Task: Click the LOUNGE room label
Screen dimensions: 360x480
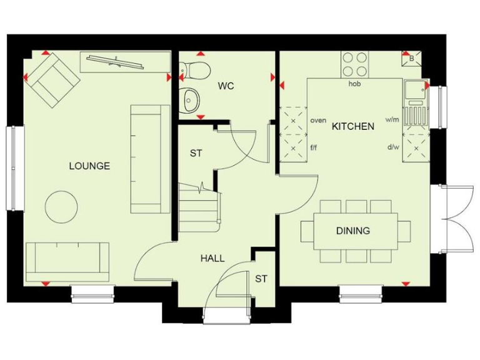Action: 89,166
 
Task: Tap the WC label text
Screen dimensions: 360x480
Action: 226,86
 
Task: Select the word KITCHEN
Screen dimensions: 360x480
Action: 353,126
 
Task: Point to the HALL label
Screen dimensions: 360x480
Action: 212,258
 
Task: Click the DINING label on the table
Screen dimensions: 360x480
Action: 353,231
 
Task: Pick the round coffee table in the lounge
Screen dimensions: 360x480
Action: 62,205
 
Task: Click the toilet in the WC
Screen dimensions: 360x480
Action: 195,70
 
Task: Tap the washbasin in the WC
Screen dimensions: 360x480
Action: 189,99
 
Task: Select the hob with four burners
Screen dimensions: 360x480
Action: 355,64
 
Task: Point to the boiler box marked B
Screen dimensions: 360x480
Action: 412,59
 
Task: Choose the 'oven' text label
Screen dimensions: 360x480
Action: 318,120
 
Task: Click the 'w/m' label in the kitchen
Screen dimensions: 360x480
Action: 392,119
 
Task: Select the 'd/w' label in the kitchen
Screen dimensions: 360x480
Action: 392,147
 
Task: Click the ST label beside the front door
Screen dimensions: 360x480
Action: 261,279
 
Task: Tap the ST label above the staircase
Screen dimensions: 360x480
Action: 196,153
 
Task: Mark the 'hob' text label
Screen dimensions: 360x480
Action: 355,83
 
